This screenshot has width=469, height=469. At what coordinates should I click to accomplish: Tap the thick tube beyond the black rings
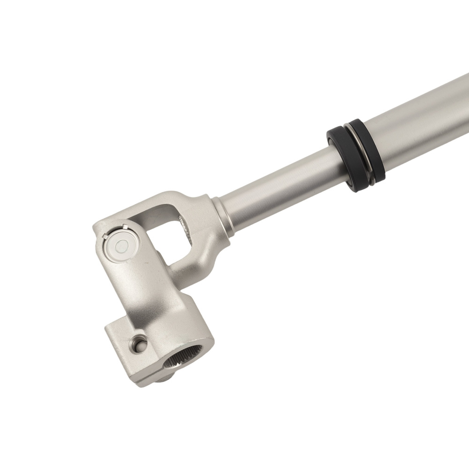(422, 122)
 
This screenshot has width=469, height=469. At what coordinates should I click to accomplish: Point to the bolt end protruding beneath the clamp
(162, 378)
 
